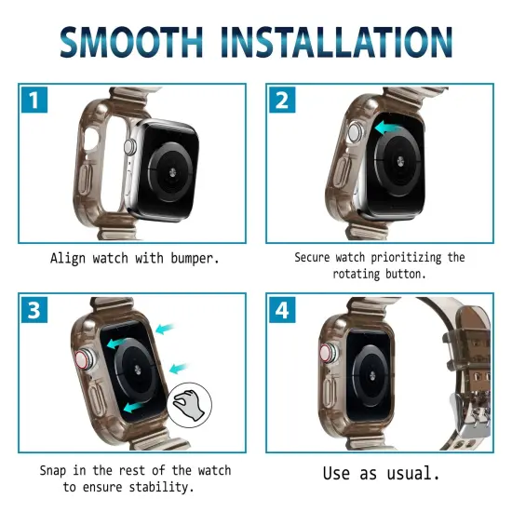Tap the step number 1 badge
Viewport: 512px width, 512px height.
coord(34,100)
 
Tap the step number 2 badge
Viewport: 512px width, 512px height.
coord(282,100)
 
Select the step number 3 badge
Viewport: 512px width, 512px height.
coord(34,310)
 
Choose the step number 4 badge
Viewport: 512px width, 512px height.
coord(282,310)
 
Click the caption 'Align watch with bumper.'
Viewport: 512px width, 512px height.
coord(135,258)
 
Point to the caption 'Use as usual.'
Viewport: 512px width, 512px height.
coord(381,473)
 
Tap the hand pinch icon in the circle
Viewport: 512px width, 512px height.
coord(190,406)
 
